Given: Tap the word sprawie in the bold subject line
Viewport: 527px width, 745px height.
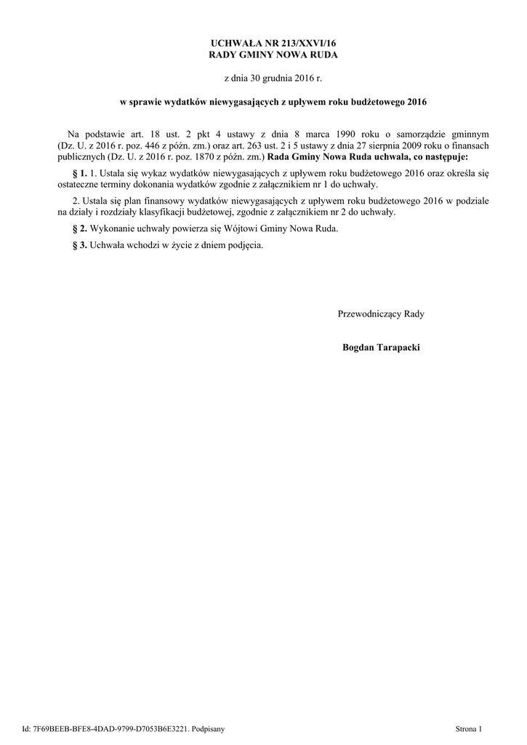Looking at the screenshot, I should pyautogui.click(x=148, y=103).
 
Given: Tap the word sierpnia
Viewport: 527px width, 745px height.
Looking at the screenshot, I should pyautogui.click(x=387, y=145).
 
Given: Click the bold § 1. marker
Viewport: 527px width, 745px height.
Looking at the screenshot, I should pyautogui.click(x=79, y=174).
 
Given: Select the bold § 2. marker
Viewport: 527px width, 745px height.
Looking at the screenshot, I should pyautogui.click(x=79, y=228).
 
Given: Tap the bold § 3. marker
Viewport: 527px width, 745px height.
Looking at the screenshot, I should pyautogui.click(x=79, y=244).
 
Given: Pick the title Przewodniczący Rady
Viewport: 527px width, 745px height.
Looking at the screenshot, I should pyautogui.click(x=381, y=314).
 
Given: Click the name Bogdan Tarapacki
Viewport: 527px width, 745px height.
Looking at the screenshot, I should pyautogui.click(x=381, y=348).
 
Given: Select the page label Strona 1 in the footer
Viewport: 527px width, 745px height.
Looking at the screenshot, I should pyautogui.click(x=468, y=728).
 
